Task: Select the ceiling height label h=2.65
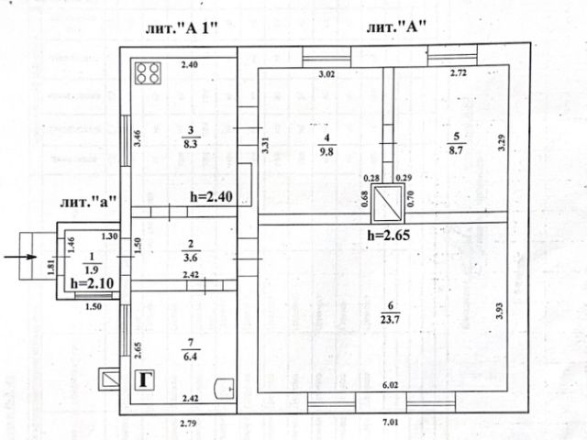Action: pos(386,236)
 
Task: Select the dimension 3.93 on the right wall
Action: pos(500,310)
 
